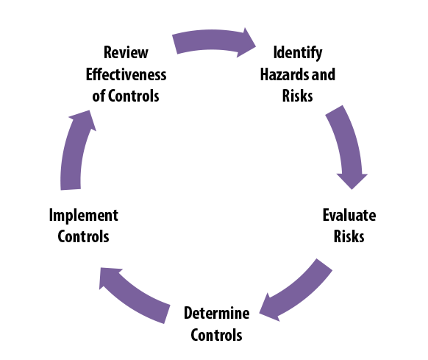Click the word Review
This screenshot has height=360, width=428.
coord(126,52)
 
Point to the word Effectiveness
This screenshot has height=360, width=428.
coord(126,74)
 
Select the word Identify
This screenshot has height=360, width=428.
coord(299,52)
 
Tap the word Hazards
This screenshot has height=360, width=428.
coord(286,74)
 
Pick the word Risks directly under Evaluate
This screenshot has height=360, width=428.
coord(349,237)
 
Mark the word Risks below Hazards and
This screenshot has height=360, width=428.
coord(299,96)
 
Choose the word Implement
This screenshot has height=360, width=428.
coord(83,215)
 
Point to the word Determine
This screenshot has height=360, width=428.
coord(217,313)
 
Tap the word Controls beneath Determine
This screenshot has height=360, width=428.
coord(217,335)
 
